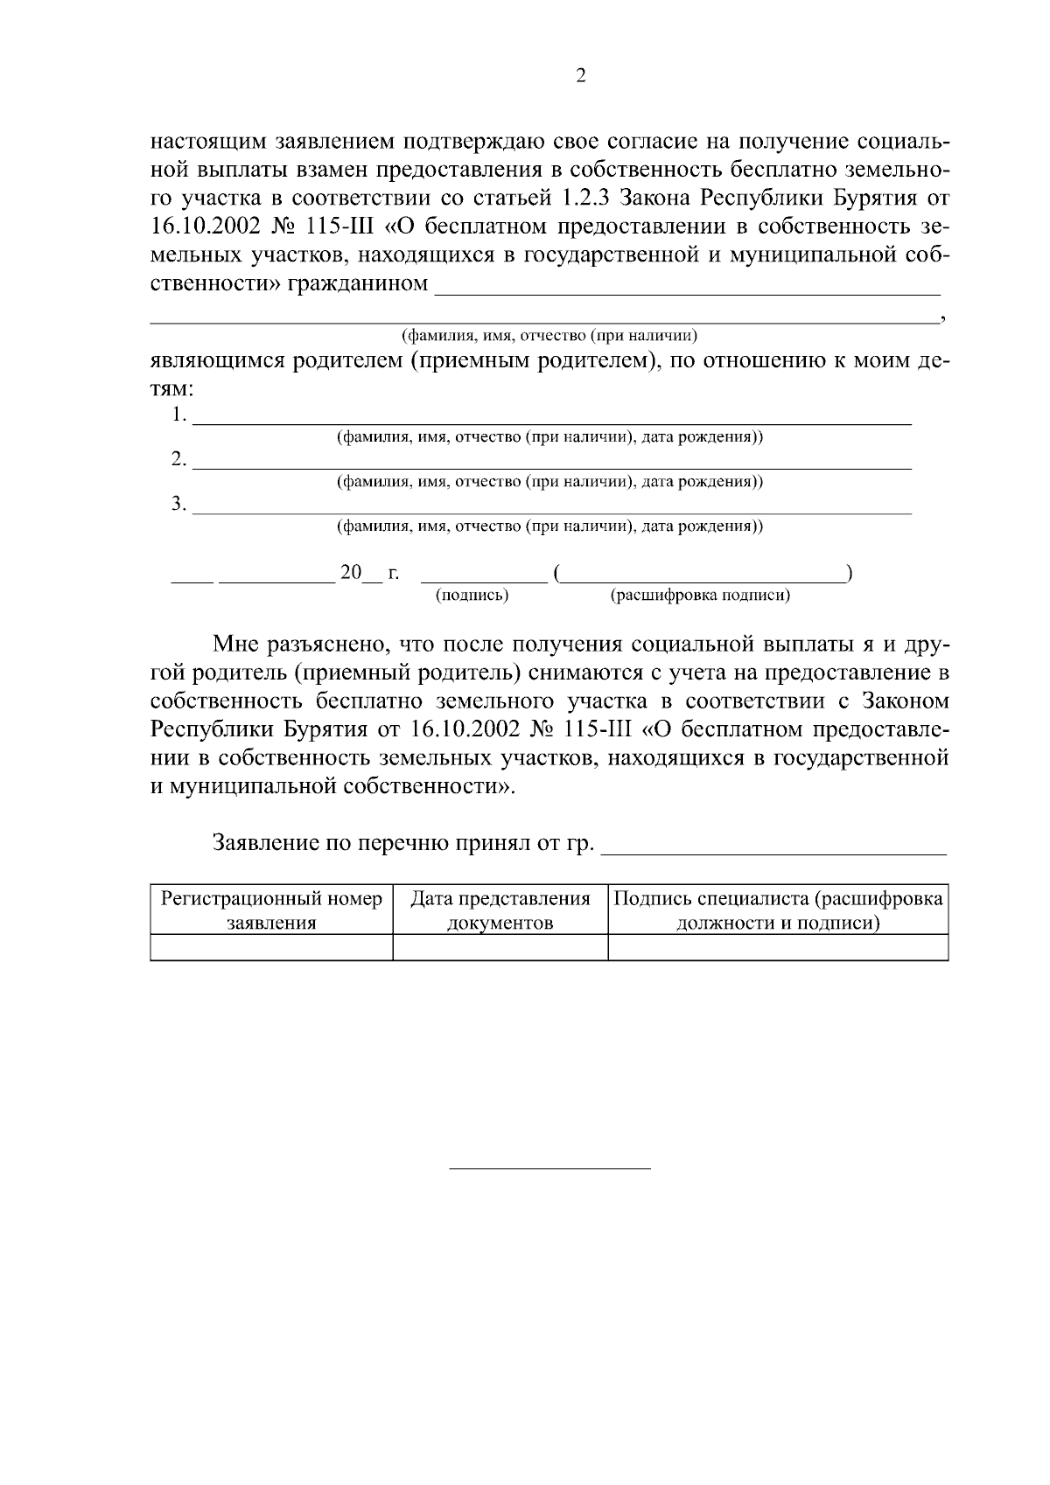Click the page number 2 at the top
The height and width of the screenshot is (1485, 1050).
(581, 76)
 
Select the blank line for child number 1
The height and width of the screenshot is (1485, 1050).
(551, 422)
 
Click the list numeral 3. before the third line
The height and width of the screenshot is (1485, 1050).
(178, 505)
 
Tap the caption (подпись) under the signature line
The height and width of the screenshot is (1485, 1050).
(472, 596)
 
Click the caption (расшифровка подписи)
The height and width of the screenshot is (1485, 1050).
(700, 596)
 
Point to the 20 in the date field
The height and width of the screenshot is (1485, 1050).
(351, 573)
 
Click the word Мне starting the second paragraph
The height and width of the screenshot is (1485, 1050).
(236, 645)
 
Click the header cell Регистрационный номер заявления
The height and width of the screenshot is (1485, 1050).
(271, 910)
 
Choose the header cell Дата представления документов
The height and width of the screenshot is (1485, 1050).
(500, 910)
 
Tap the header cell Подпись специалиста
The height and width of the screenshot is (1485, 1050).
(778, 910)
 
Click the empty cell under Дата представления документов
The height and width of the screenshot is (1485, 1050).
(500, 947)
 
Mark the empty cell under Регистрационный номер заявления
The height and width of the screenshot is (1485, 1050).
(271, 947)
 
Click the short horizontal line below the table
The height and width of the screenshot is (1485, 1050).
(549, 1168)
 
